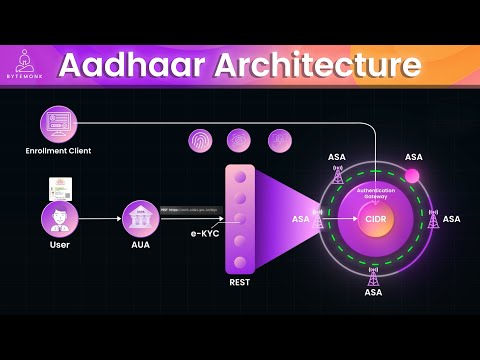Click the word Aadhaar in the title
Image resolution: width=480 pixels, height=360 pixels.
tap(123, 67)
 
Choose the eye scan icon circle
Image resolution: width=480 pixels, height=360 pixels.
tap(240, 141)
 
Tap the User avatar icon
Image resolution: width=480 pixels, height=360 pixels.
tap(59, 216)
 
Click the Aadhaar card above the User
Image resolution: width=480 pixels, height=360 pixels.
tap(61, 187)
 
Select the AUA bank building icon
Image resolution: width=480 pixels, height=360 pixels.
tap(138, 216)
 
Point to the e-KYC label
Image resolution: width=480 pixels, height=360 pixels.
tap(203, 232)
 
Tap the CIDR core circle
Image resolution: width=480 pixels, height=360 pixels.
tap(375, 218)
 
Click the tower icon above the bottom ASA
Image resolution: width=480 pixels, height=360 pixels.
tap(374, 275)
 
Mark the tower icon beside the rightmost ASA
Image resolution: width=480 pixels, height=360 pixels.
tap(433, 218)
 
